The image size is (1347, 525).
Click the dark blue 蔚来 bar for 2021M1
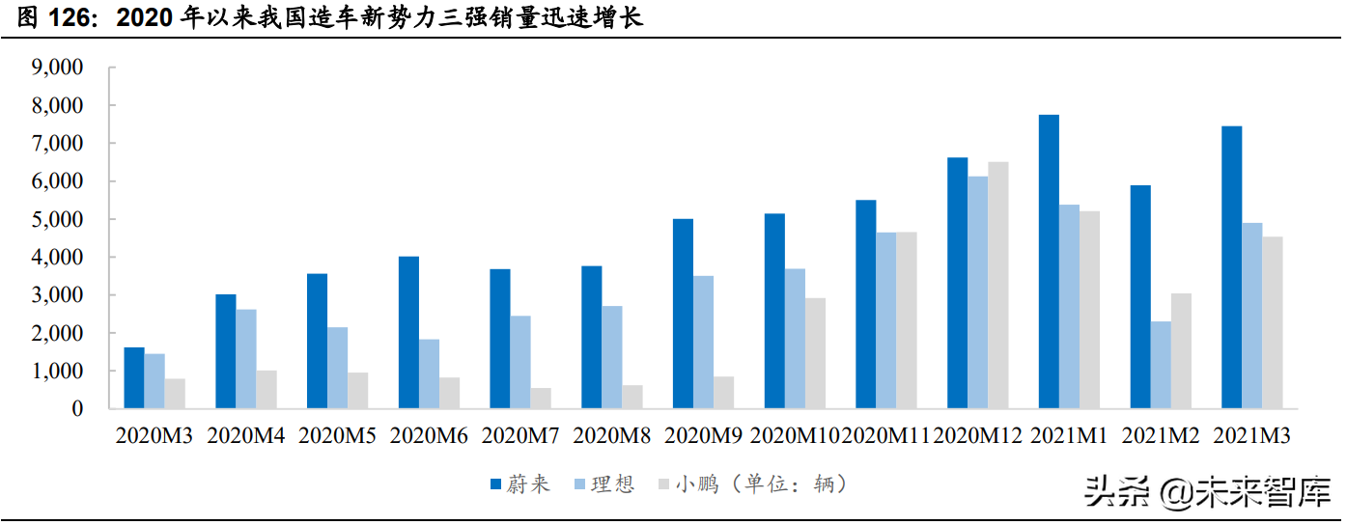1049,262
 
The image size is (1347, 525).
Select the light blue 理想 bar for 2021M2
1161,365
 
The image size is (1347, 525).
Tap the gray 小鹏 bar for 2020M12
998,286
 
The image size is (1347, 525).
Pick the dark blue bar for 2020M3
134,378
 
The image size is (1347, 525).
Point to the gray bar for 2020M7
540,399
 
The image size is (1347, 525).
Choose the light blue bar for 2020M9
703,343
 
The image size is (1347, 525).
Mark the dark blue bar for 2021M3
1231,267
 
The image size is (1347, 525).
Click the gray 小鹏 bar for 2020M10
815,353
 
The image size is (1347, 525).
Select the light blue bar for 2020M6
429,374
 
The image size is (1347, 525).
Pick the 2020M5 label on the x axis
338,436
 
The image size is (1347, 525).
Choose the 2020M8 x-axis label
612,436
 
